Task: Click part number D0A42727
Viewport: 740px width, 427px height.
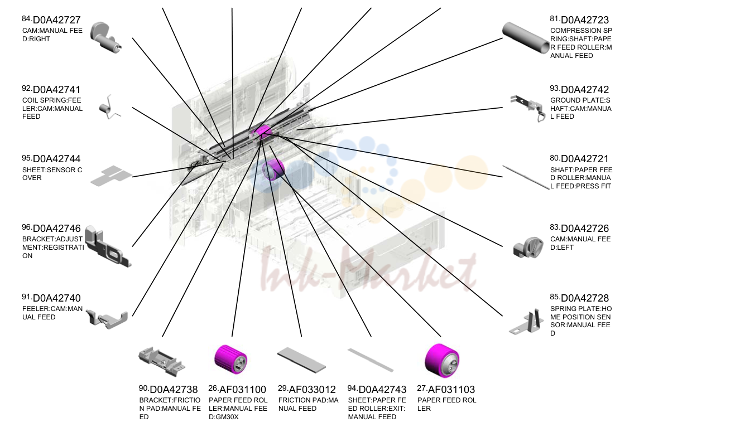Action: click(x=57, y=20)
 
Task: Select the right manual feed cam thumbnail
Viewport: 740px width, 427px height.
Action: click(x=105, y=37)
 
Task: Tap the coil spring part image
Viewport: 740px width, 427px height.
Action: click(x=109, y=107)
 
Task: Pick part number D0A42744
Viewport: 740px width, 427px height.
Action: click(x=57, y=159)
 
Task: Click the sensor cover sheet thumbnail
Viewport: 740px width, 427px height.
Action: click(x=111, y=176)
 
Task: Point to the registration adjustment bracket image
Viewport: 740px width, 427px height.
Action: click(x=108, y=246)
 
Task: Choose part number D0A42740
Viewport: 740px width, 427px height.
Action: click(x=57, y=298)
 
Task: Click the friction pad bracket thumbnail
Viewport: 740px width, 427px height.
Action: click(x=161, y=361)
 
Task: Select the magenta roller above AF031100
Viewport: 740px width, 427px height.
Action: click(x=230, y=360)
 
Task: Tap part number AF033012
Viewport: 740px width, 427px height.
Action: click(x=312, y=390)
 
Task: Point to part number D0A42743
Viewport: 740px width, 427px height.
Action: click(x=382, y=390)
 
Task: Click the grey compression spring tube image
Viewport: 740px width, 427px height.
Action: click(x=526, y=37)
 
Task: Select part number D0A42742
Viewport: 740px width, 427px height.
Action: click(x=585, y=90)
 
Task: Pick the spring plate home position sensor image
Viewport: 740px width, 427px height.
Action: click(x=526, y=322)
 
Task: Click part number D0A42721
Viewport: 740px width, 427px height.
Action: click(x=585, y=159)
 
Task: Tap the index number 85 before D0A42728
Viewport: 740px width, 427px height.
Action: click(x=554, y=297)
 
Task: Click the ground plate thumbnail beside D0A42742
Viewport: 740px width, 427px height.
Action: click(x=527, y=108)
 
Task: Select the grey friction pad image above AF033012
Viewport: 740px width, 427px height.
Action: click(x=301, y=360)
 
